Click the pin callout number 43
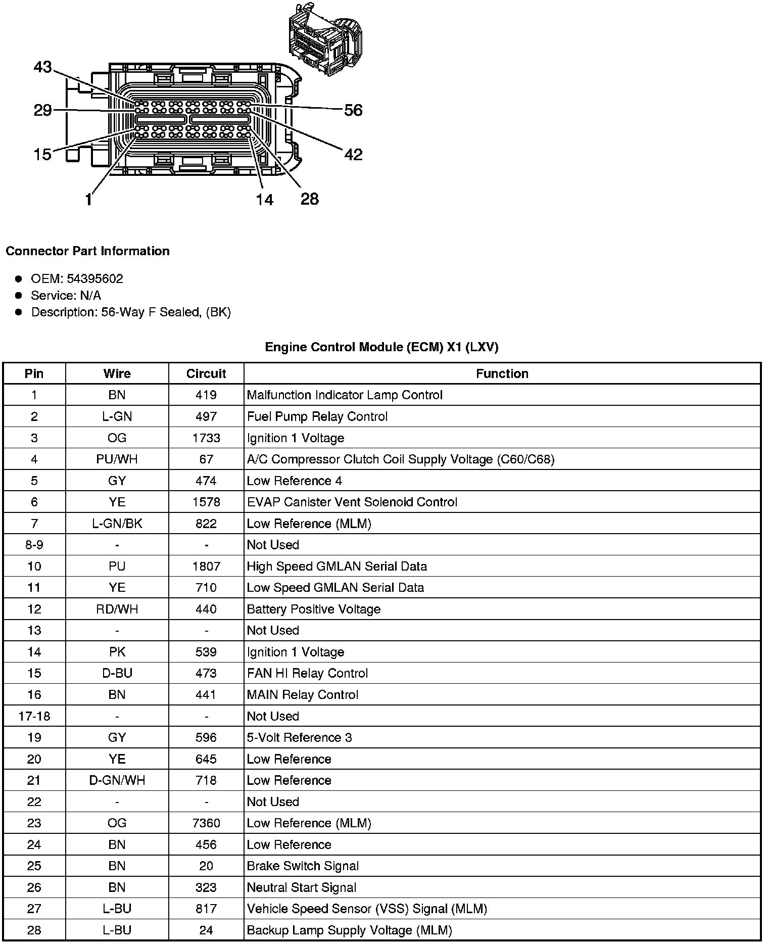click(x=42, y=67)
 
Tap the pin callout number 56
click(x=353, y=110)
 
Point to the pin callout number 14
click(x=264, y=200)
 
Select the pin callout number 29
click(x=42, y=110)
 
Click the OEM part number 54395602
click(x=95, y=279)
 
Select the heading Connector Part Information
click(x=88, y=251)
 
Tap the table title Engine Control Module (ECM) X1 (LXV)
click(x=381, y=347)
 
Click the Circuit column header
click(x=206, y=373)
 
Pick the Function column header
click(x=502, y=373)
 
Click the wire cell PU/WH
click(x=117, y=459)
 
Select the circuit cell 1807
click(x=206, y=567)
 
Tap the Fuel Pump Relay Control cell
click(x=317, y=416)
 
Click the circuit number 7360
click(x=206, y=823)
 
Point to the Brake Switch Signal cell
click(x=303, y=866)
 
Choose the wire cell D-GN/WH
click(x=117, y=780)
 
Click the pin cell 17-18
click(x=34, y=716)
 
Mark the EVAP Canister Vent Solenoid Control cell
click(x=352, y=502)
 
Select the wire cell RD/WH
click(x=117, y=609)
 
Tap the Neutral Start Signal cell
click(x=302, y=887)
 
